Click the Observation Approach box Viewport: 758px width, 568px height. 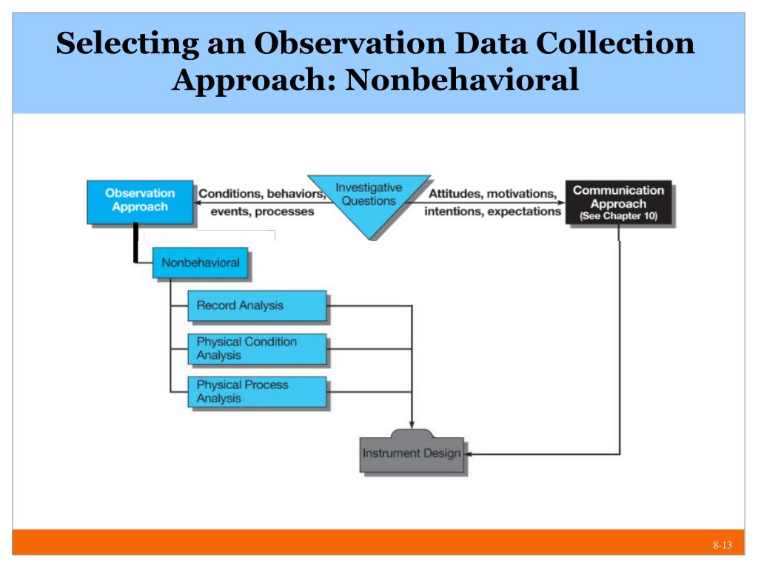(140, 201)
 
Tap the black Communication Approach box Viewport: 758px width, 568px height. (619, 201)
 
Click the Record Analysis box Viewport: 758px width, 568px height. (256, 305)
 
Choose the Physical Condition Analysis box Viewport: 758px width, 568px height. (256, 348)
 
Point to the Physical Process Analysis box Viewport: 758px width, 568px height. (256, 392)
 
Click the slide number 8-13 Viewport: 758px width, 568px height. (722, 546)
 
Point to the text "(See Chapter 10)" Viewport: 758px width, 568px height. (619, 217)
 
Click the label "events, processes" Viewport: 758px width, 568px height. (262, 211)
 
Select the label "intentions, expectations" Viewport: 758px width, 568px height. (492, 211)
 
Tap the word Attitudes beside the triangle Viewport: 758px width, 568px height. (452, 194)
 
